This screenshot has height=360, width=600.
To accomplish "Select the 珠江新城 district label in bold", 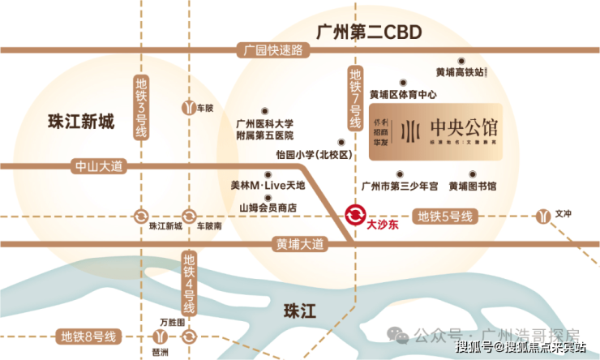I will (x=82, y=123).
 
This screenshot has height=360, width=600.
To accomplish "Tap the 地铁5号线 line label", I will (x=445, y=216).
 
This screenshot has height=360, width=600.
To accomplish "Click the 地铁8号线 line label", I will (x=90, y=336).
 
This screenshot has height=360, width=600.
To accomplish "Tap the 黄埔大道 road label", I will (x=298, y=243).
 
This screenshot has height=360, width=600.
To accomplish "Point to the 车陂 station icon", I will (x=189, y=106).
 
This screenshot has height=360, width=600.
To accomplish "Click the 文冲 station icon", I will (x=543, y=216).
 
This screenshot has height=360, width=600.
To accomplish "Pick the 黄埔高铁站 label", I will (x=461, y=72).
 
